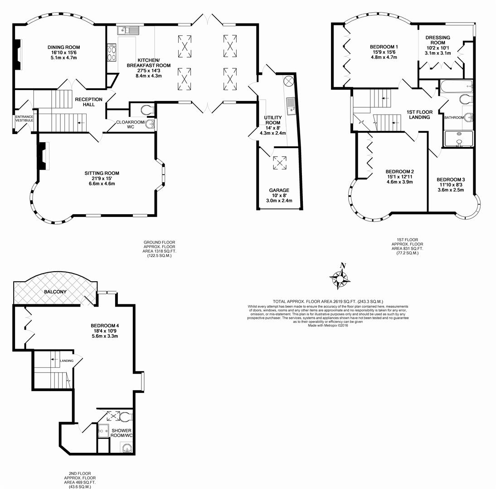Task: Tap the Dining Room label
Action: [x=64, y=47]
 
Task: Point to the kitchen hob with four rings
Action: [x=112, y=54]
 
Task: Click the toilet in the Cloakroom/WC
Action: [x=145, y=109]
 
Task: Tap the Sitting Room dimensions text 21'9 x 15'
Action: [x=102, y=178]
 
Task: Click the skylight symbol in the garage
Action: [x=279, y=163]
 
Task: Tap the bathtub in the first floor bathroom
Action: [x=455, y=86]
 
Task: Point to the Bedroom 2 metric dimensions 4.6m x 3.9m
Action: [x=399, y=182]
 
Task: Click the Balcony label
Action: [x=55, y=292]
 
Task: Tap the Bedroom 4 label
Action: [x=105, y=326]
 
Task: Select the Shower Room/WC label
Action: [x=122, y=433]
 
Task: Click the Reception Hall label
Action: [x=88, y=102]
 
